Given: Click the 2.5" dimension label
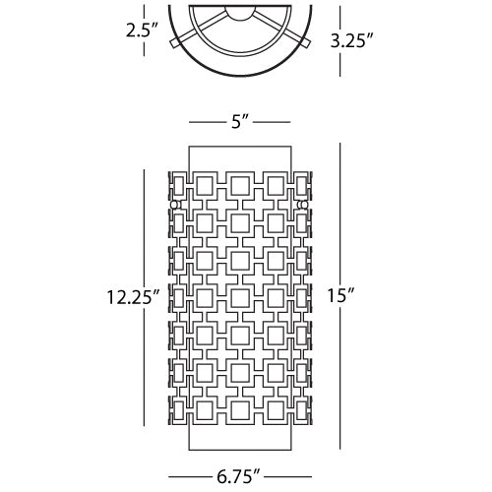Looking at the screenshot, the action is click(x=142, y=31).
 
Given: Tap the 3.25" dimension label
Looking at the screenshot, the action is click(x=351, y=41).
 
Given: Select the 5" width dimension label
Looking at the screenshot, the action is click(x=239, y=122).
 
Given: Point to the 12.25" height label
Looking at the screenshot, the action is click(x=133, y=297).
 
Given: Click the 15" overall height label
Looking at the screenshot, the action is click(x=341, y=296).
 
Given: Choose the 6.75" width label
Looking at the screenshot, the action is click(x=238, y=476).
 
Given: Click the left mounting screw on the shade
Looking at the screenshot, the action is click(x=175, y=205).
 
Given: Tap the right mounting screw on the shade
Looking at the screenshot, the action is click(x=303, y=205).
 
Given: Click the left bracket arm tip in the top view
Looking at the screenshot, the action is click(x=174, y=44).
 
